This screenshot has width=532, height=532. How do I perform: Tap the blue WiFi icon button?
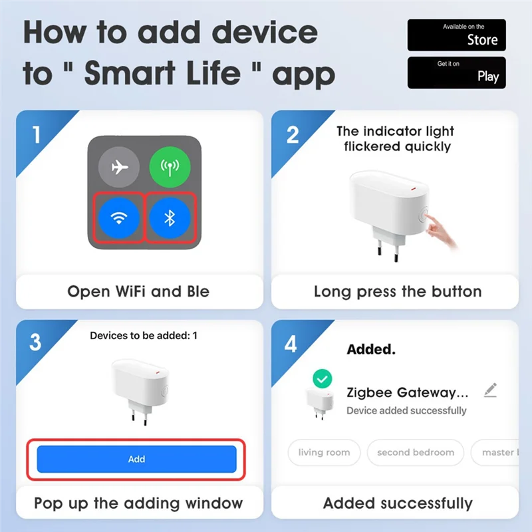pos(119,217)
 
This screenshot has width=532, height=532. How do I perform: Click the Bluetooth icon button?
pos(170,217)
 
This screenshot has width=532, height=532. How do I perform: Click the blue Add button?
pos(136,459)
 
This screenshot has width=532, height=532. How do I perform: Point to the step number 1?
pos(35,135)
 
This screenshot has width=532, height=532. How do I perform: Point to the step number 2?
pos(292,135)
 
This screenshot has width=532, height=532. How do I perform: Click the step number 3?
pos(35,343)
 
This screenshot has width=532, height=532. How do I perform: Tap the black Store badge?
pos(456,35)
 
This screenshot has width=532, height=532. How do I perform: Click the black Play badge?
pos(456,72)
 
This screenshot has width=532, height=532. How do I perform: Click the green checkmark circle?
pos(323,379)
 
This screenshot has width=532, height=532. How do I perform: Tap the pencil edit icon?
pos(490,390)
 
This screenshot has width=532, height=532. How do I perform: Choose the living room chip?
pos(324,452)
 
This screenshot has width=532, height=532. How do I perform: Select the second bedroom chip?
pos(415,452)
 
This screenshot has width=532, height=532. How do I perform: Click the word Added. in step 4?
pos(371,348)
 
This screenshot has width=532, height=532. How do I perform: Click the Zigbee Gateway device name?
pos(408,392)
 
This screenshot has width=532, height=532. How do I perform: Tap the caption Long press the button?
pos(398,291)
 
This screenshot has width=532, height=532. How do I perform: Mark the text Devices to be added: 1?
pos(144,336)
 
